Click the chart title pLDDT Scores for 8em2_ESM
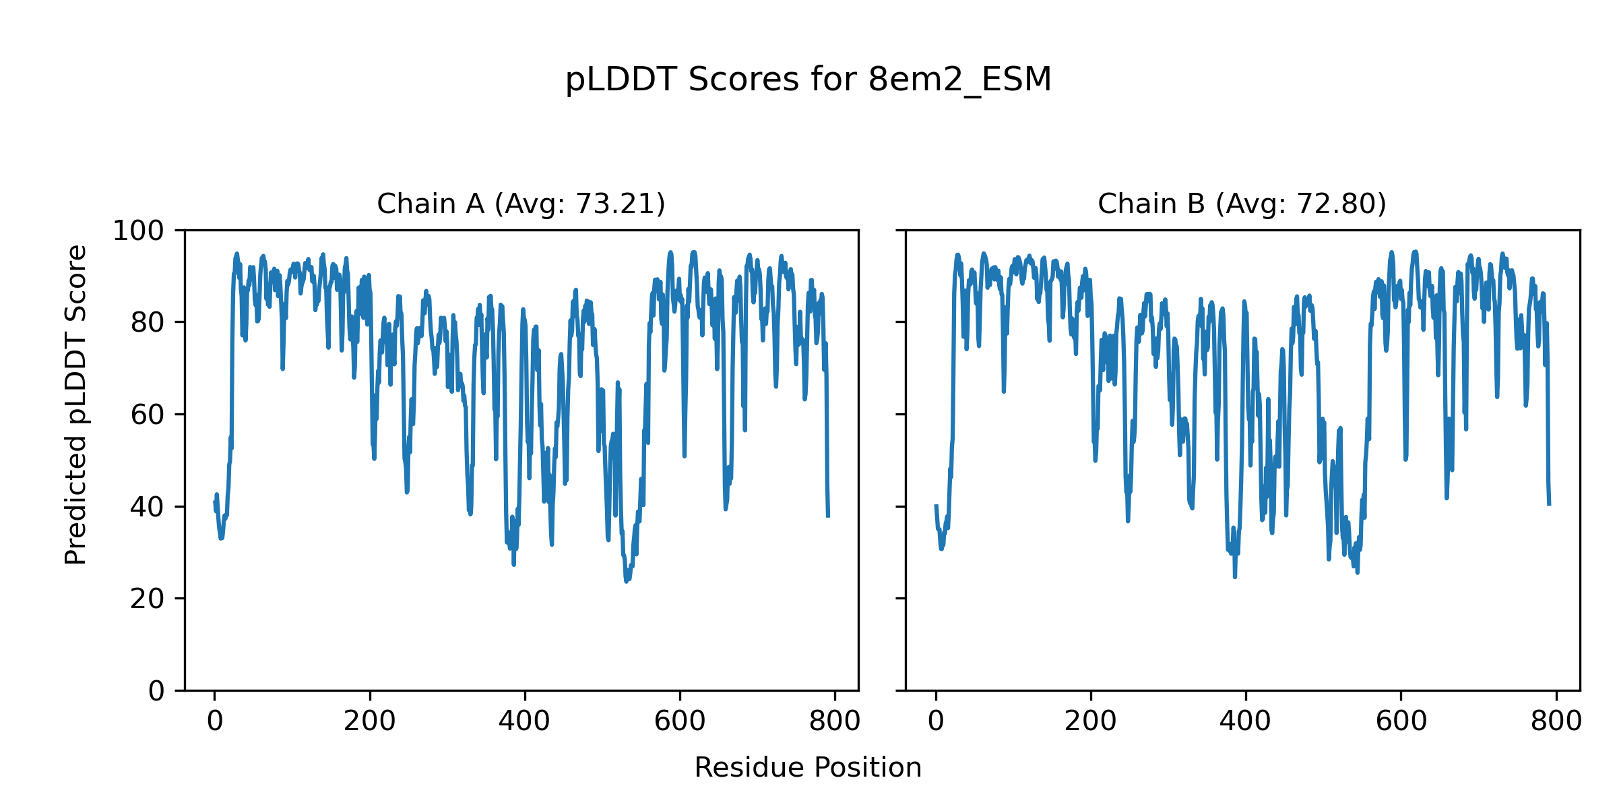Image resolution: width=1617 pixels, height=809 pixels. pyautogui.click(x=808, y=80)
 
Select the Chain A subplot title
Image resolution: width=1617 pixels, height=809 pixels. pyautogui.click(x=521, y=204)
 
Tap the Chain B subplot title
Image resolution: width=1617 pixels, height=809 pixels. pyautogui.click(x=1242, y=204)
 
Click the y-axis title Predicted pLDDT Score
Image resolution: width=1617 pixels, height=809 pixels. pyautogui.click(x=76, y=404)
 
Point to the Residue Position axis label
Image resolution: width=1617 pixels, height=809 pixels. pyautogui.click(x=808, y=768)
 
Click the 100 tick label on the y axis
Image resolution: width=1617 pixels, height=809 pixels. pyautogui.click(x=138, y=231)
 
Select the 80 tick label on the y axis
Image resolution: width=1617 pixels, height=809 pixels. pyautogui.click(x=148, y=323)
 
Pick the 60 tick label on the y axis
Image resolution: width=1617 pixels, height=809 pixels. pyautogui.click(x=148, y=415)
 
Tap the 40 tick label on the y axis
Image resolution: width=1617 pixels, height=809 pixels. pyautogui.click(x=148, y=507)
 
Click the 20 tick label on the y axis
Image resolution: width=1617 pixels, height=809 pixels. pyautogui.click(x=148, y=599)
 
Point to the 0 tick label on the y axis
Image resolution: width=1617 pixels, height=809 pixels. pyautogui.click(x=156, y=691)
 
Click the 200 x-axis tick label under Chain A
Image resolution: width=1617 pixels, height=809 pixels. pyautogui.click(x=369, y=721)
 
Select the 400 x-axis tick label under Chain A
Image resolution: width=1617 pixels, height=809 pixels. pyautogui.click(x=524, y=721)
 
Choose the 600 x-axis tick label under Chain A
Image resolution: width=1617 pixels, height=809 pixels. pyautogui.click(x=680, y=721)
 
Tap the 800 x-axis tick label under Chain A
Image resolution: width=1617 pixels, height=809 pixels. pyautogui.click(x=835, y=721)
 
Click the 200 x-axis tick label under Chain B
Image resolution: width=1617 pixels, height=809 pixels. pyautogui.click(x=1090, y=721)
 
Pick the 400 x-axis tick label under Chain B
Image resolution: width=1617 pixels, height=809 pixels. pyautogui.click(x=1245, y=721)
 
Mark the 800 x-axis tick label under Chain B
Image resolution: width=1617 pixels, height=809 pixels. pyautogui.click(x=1556, y=721)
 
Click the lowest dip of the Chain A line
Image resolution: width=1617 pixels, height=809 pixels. pyautogui.click(x=627, y=581)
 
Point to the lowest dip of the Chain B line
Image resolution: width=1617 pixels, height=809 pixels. pyautogui.click(x=1235, y=576)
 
